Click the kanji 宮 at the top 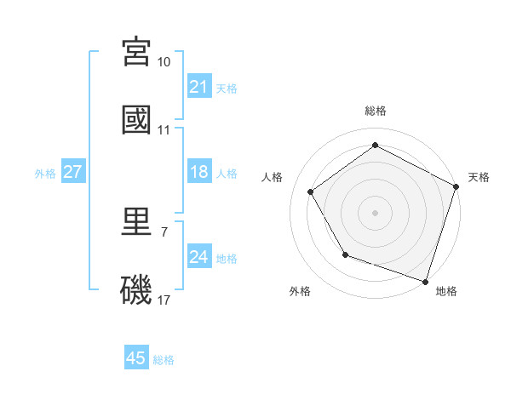(136, 53)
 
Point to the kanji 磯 (136, 289)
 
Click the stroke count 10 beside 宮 (164, 62)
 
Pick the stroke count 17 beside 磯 (164, 300)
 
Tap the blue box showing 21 (199, 87)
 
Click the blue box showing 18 (199, 173)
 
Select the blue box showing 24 (199, 258)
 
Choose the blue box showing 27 (73, 173)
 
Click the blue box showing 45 (136, 358)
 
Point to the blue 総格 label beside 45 (164, 360)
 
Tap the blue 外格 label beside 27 (45, 174)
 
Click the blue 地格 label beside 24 (227, 259)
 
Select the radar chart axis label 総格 (376, 111)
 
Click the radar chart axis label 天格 (479, 177)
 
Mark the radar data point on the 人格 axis (311, 191)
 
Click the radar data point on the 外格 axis (345, 254)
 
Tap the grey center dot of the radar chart (376, 212)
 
